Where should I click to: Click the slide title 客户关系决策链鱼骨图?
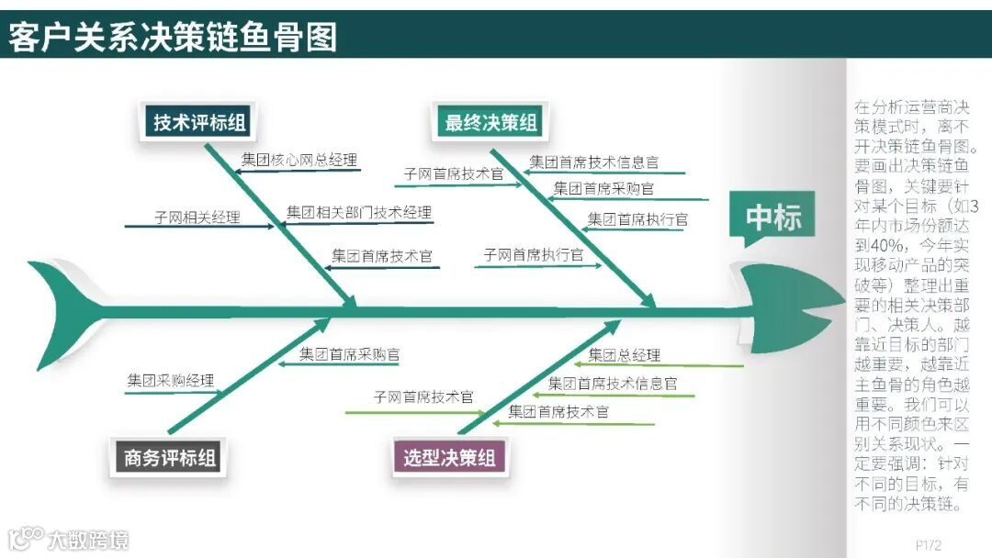[x=174, y=37]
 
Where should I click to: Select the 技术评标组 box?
[x=199, y=122]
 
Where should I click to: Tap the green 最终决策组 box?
[x=490, y=122]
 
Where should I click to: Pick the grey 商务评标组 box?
[x=170, y=456]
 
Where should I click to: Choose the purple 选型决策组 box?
[x=449, y=456]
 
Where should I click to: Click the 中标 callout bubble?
[x=773, y=218]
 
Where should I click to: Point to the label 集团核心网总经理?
[x=299, y=160]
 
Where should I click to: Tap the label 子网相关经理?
[x=197, y=218]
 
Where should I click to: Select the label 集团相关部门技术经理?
[x=358, y=213]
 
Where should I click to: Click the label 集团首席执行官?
[x=637, y=219]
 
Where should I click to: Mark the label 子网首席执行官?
[x=533, y=255]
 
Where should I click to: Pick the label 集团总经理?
[x=624, y=355]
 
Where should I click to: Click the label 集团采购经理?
[x=171, y=380]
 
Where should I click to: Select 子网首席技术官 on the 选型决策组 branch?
[x=423, y=397]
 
